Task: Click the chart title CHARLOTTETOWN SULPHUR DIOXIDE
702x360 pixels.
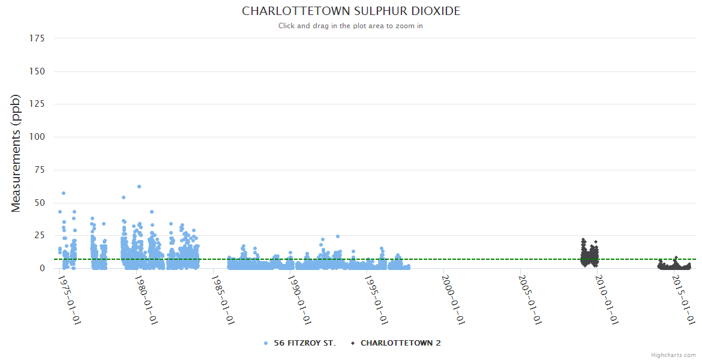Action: (351, 11)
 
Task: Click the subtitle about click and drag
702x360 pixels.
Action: (350, 26)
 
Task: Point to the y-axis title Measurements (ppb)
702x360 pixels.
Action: (16, 153)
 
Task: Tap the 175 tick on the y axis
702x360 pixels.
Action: (37, 38)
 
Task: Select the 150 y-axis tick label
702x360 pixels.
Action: (37, 71)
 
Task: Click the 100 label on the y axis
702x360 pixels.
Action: (37, 137)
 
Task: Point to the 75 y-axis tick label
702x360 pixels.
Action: (40, 170)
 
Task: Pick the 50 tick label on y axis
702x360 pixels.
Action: (40, 203)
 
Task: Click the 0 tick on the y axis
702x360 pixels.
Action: (42, 268)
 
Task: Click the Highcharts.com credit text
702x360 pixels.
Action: (673, 355)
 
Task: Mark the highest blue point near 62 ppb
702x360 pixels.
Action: (139, 187)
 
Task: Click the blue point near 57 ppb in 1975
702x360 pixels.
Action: (64, 193)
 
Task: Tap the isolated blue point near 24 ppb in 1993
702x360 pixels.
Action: (338, 236)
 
